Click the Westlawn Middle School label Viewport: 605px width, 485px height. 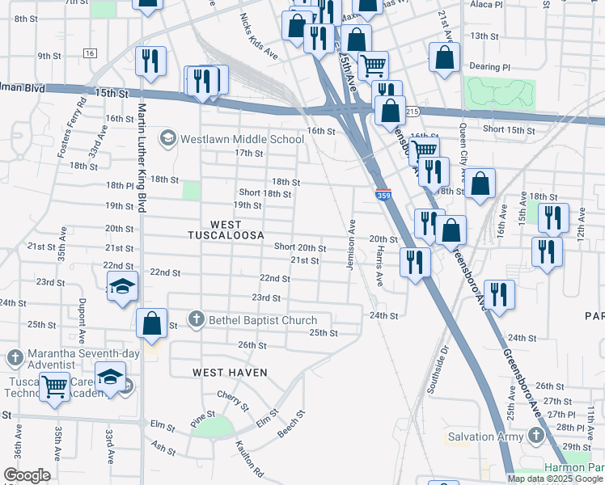(x=231, y=139)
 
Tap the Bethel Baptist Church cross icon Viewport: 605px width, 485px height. (x=196, y=320)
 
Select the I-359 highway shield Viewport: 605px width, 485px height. (x=383, y=195)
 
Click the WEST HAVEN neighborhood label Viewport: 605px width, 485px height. (x=230, y=372)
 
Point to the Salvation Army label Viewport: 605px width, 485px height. (x=482, y=437)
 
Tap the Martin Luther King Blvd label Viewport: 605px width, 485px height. (x=142, y=158)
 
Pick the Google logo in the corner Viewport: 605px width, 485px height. (x=27, y=475)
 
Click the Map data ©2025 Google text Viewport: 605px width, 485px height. (x=556, y=479)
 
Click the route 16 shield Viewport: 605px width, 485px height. (x=89, y=53)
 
